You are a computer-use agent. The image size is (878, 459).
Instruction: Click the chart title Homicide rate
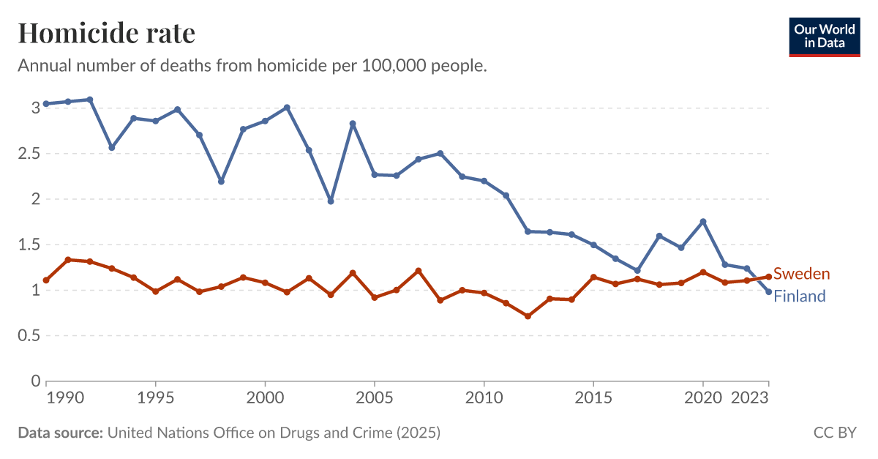click(106, 33)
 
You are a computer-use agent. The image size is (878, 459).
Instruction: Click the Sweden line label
click(801, 274)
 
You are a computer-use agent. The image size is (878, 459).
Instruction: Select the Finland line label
click(799, 296)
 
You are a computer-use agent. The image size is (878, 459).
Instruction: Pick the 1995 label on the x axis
click(155, 398)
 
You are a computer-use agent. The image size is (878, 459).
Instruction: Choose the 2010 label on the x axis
click(484, 398)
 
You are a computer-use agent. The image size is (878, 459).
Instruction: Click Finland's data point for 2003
click(331, 201)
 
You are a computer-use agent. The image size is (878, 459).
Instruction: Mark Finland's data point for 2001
click(287, 108)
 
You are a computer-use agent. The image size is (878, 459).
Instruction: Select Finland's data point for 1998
click(221, 181)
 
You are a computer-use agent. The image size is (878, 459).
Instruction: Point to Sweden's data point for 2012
click(528, 316)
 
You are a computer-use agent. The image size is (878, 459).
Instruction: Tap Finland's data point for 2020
click(703, 222)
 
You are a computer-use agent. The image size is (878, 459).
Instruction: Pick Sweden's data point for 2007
click(418, 271)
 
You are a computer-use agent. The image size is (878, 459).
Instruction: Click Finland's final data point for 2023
click(768, 292)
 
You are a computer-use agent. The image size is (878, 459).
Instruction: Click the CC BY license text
click(835, 433)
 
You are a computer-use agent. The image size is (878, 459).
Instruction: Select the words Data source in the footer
click(60, 433)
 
